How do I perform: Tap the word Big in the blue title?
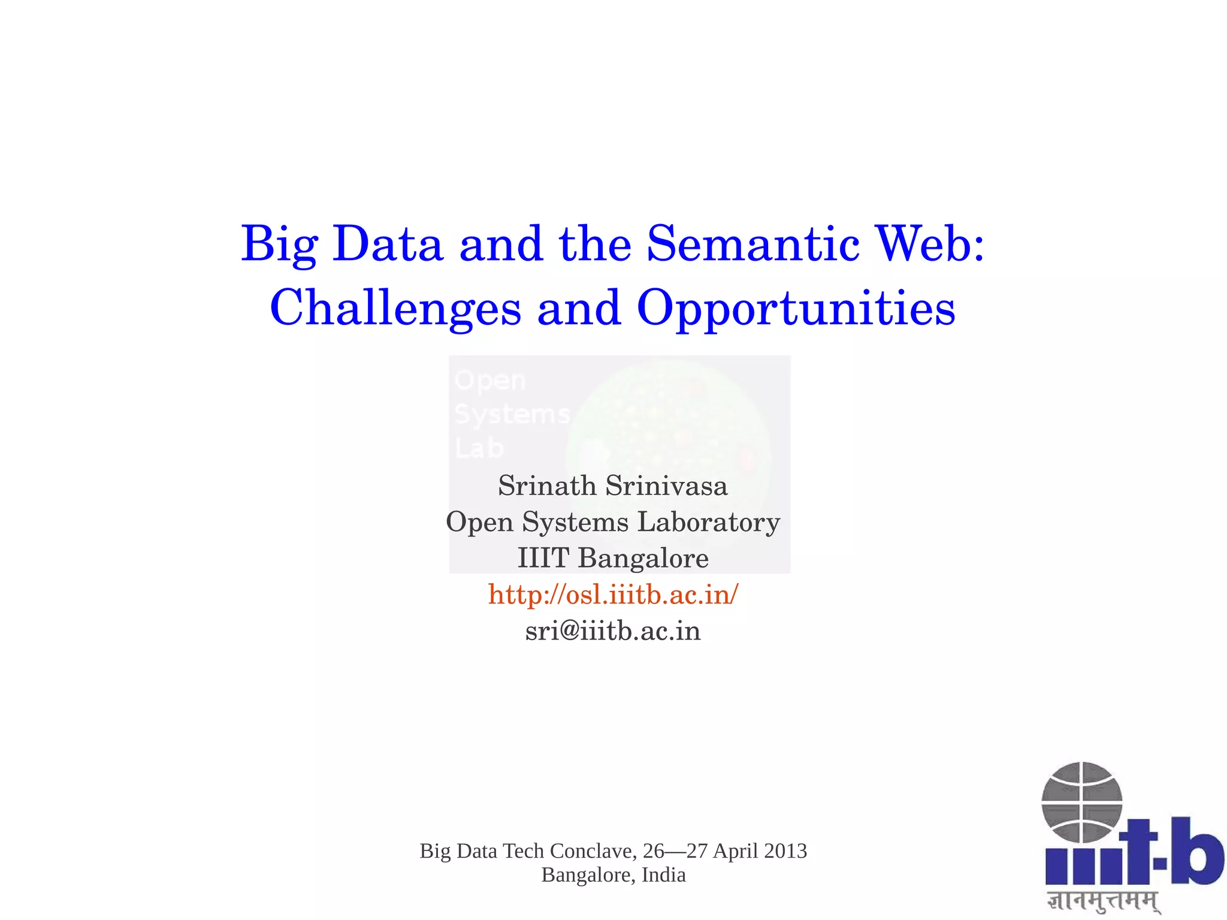[x=279, y=245]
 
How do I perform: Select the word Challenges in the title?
[x=395, y=308]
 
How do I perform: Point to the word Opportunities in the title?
[x=796, y=309]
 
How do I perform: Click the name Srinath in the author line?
[x=546, y=485]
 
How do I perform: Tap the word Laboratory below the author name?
[x=708, y=522]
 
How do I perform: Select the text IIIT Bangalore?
[x=613, y=558]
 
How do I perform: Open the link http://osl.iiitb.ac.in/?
[x=613, y=595]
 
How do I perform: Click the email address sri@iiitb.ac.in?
[x=613, y=631]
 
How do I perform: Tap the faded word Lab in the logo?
[x=479, y=448]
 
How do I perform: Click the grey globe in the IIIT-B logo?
[x=1081, y=802]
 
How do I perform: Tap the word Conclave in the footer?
[x=593, y=851]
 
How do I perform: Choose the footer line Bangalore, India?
[x=613, y=875]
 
